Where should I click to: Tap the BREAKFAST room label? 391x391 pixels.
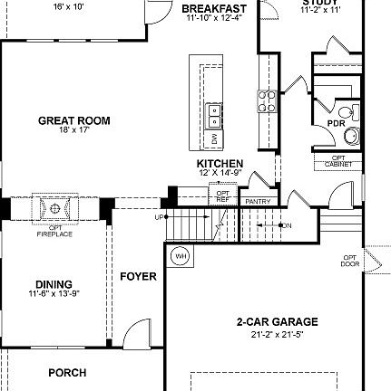click(x=214, y=9)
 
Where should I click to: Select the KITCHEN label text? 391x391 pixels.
click(x=220, y=164)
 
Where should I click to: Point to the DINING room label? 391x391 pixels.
click(x=54, y=284)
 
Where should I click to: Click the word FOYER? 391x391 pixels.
click(x=138, y=276)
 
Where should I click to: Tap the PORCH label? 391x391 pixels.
click(x=67, y=372)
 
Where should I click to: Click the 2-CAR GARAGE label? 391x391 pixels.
click(x=277, y=321)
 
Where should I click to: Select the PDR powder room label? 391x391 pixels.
click(x=336, y=123)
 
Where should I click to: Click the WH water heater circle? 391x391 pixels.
click(x=179, y=255)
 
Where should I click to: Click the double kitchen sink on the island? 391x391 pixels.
click(x=215, y=115)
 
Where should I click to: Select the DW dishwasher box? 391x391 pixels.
click(x=215, y=138)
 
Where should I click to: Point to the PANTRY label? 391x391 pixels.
click(x=253, y=201)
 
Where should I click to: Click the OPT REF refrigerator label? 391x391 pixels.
click(x=223, y=196)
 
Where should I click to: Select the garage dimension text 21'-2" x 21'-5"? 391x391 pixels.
click(x=278, y=334)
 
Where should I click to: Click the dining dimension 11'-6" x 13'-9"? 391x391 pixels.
click(x=54, y=294)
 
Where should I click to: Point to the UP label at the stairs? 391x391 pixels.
click(x=159, y=217)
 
